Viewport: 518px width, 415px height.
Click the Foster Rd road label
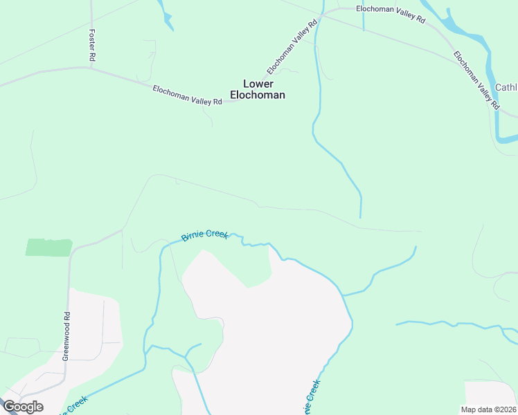[x=91, y=46]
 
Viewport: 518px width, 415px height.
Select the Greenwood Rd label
[x=66, y=335]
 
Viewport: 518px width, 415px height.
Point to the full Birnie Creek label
[x=204, y=236]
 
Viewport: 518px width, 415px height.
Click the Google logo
[x=23, y=407]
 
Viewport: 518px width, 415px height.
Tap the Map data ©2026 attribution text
[x=489, y=409]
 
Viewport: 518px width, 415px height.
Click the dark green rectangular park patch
[x=49, y=248]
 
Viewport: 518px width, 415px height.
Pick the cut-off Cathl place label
[x=506, y=88]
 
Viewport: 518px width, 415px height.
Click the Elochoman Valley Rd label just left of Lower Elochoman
[x=187, y=95]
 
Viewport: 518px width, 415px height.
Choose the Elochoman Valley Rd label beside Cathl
[x=476, y=80]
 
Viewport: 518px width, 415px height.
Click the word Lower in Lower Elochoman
[x=258, y=84]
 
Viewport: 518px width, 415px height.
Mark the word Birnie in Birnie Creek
[x=193, y=237]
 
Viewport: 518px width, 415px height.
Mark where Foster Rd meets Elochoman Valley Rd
[x=91, y=68]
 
